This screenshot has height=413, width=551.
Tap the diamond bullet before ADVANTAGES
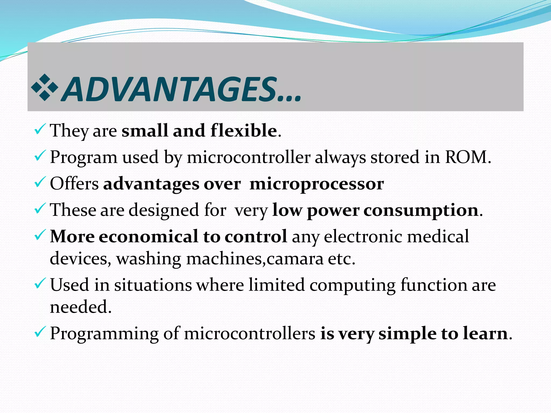[x=45, y=87]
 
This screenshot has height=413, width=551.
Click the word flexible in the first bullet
[x=244, y=131]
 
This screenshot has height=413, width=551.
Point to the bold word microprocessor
[x=317, y=184]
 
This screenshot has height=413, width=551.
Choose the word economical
[x=148, y=237]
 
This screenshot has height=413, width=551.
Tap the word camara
[x=295, y=259]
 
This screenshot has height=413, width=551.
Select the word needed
[x=80, y=307]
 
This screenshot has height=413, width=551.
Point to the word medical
[x=438, y=237]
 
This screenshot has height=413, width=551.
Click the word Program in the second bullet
[x=84, y=158]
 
